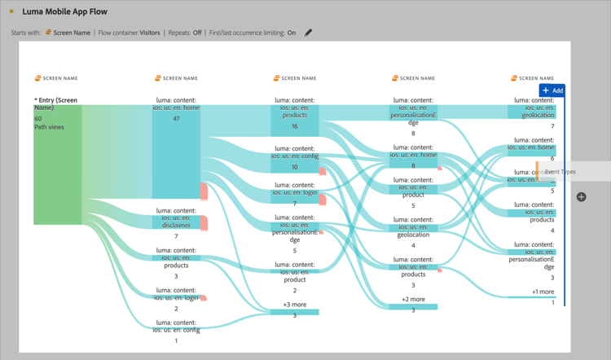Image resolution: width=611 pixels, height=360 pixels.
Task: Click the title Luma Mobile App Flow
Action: pyautogui.click(x=64, y=11)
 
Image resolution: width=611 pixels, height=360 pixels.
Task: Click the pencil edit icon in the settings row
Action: pyautogui.click(x=308, y=33)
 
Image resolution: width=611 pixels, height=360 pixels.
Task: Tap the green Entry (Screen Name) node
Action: pyautogui.click(x=57, y=163)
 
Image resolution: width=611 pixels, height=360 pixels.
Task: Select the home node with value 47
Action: pyautogui.click(x=176, y=151)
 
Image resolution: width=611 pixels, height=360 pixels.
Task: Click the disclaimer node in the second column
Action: pyautogui.click(x=176, y=222)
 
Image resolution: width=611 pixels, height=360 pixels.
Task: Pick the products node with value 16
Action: pyautogui.click(x=294, y=119)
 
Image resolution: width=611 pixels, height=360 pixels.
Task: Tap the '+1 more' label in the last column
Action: pyautogui.click(x=543, y=292)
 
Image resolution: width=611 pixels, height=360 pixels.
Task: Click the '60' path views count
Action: pyautogui.click(x=38, y=118)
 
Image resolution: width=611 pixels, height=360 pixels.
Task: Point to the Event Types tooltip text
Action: pyautogui.click(x=560, y=172)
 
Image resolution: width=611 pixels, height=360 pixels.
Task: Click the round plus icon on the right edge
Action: pyautogui.click(x=581, y=196)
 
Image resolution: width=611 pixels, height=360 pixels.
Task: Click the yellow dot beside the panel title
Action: pyautogui.click(x=11, y=11)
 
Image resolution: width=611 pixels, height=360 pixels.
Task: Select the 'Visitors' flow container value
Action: pyautogui.click(x=150, y=33)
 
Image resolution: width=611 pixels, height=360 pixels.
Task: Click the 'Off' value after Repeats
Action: pyautogui.click(x=197, y=33)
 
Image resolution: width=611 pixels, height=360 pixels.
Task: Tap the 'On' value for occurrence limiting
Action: pyautogui.click(x=292, y=33)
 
